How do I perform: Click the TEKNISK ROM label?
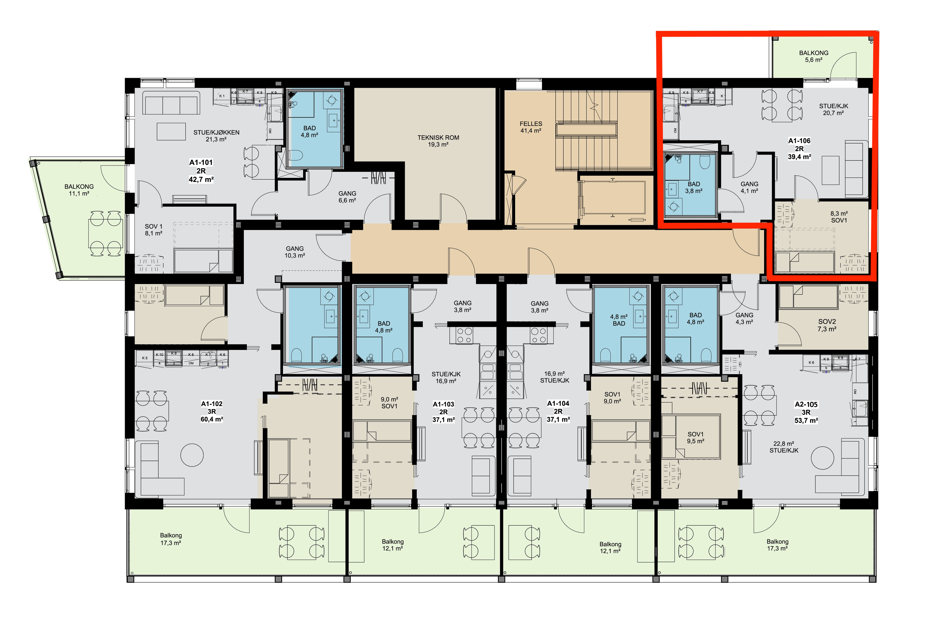[438, 137]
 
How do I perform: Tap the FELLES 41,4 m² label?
[531, 127]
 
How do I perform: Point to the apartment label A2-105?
[806, 404]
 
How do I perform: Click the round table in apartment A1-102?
[192, 455]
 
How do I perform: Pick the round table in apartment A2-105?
[822, 458]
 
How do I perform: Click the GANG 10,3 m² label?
[295, 252]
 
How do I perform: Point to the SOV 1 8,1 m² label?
[154, 230]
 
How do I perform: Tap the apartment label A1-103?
[443, 404]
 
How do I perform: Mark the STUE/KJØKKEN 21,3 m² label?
[217, 136]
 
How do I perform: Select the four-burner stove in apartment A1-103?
[464, 335]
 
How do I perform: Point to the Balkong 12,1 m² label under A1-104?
[610, 547]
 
